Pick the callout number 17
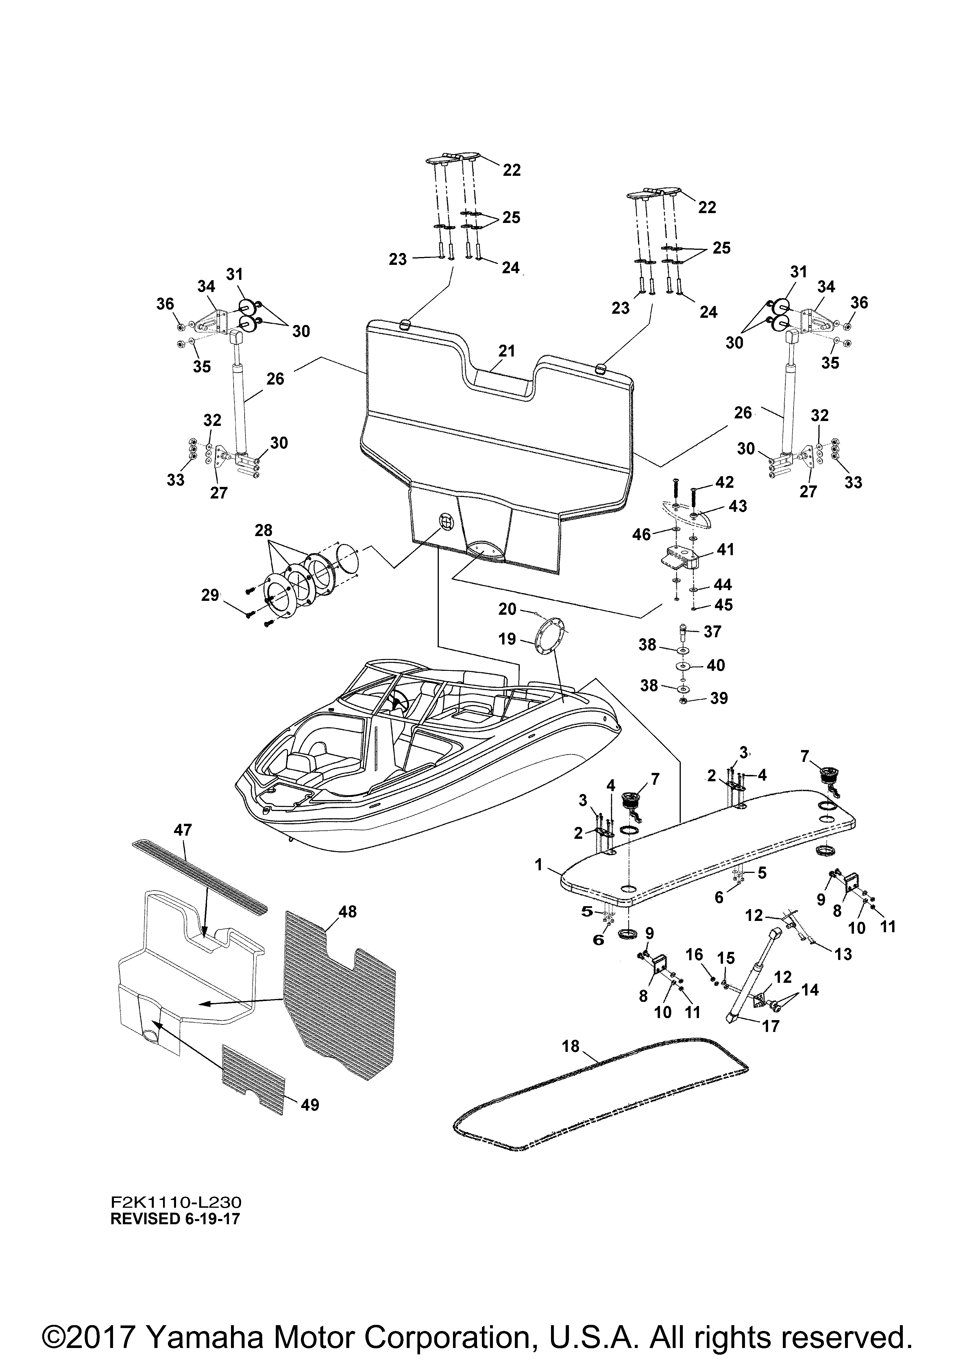[x=770, y=1026]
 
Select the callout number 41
[x=725, y=549]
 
